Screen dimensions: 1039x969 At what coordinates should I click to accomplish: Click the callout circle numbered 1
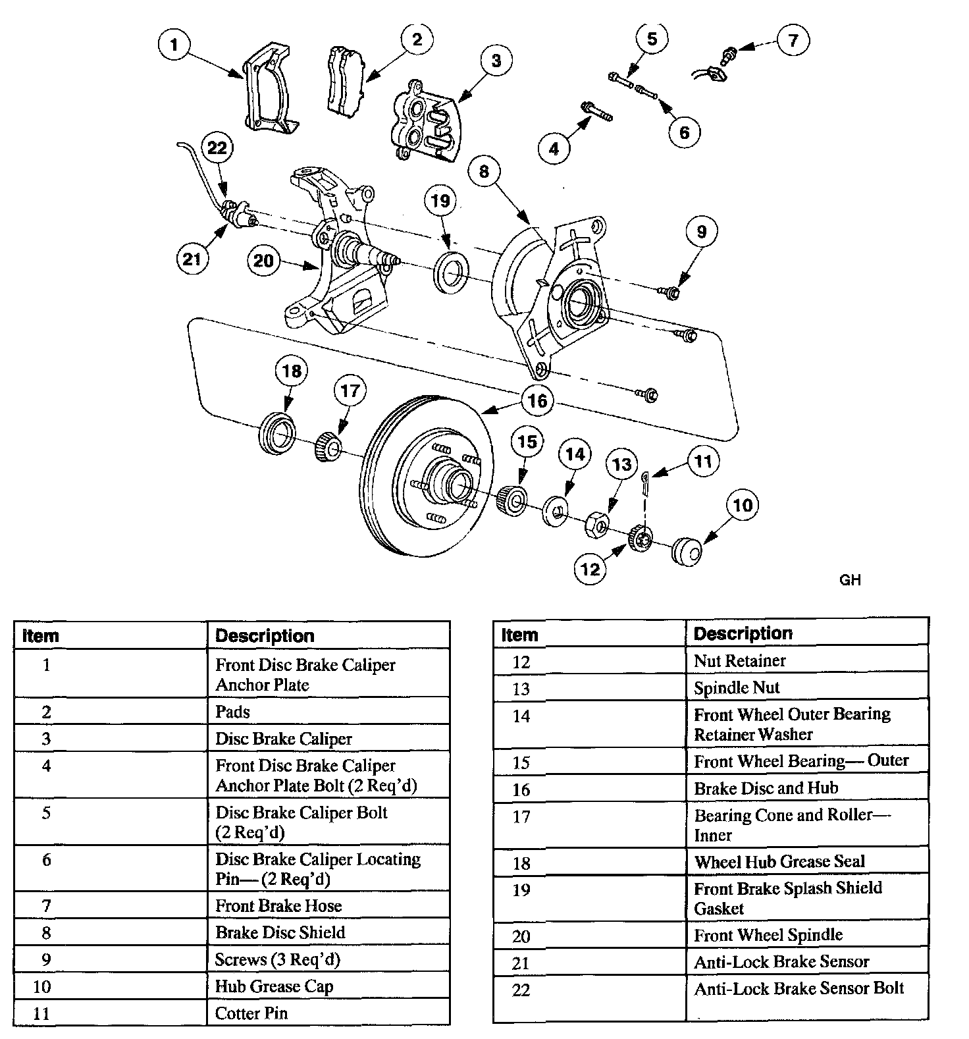coord(174,45)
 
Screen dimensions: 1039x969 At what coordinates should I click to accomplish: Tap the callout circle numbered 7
coord(793,40)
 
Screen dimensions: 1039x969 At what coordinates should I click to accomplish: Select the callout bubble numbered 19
coord(440,200)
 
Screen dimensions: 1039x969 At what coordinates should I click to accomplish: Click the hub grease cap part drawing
coord(686,552)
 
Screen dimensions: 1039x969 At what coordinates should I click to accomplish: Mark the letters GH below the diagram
coord(850,580)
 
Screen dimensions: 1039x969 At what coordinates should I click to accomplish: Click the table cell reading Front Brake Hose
coord(278,906)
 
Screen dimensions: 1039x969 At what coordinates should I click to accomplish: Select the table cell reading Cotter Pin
coord(251,1013)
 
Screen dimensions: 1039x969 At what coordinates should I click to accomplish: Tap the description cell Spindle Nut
coord(737,688)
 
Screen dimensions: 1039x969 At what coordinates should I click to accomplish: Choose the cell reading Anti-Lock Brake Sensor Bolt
coord(799,988)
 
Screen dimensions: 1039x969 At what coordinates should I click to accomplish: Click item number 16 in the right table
coord(521,789)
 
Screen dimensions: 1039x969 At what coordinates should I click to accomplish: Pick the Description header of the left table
coord(265,636)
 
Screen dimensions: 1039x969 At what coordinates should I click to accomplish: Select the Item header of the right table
coord(519,635)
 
